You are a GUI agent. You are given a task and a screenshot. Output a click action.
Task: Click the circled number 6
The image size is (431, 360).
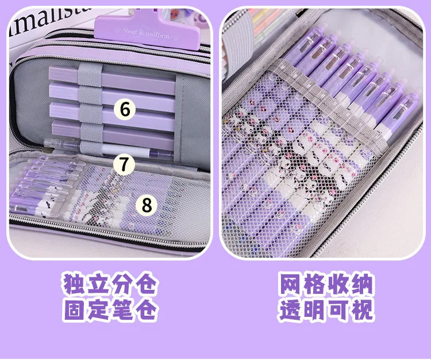tap(125, 108)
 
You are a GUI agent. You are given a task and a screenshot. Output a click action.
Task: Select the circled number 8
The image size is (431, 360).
tap(147, 205)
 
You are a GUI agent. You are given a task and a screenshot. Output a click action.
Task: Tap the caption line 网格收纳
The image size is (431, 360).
tap(326, 285)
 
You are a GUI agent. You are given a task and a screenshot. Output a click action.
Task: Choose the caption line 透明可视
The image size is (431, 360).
tap(326, 311)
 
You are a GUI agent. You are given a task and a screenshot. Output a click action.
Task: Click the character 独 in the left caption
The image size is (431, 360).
tap(74, 285)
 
